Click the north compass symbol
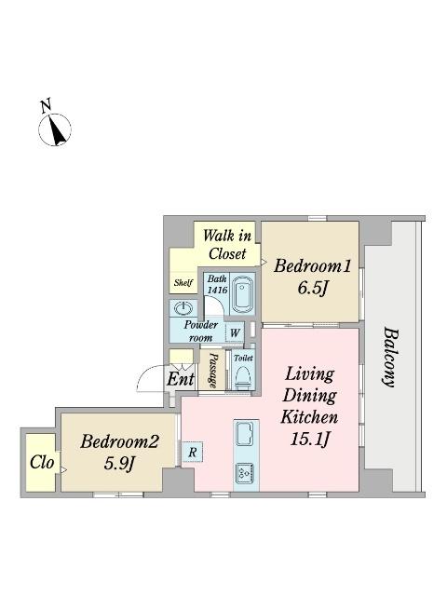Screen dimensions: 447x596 (55, 129)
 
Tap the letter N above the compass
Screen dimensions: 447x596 (46, 105)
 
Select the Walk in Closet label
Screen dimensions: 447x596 (227, 244)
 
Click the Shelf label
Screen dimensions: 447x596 (183, 283)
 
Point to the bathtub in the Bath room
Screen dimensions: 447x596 (242, 294)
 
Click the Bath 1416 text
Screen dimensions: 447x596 (217, 284)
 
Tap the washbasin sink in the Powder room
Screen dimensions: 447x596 (183, 308)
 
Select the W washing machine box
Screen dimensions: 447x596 (235, 333)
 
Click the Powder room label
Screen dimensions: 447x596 (201, 332)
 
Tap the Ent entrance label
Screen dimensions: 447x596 (181, 379)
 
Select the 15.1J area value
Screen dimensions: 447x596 (309, 439)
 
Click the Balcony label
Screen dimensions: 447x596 (389, 357)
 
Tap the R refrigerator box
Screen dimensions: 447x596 (193, 452)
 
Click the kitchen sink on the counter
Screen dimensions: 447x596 (246, 434)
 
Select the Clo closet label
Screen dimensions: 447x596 (42, 462)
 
